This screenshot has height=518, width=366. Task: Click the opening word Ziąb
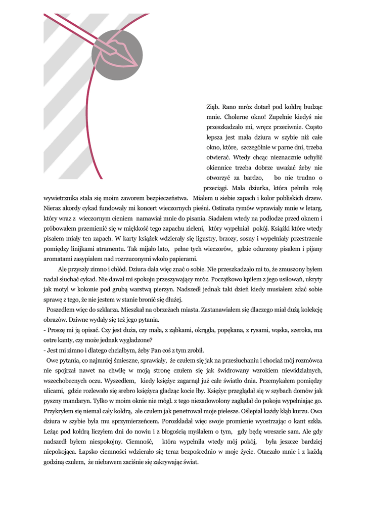point(213,107)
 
